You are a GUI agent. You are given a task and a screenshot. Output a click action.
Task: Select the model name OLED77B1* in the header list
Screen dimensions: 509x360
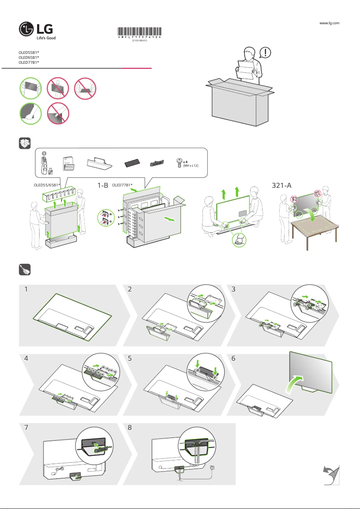click(x=29, y=63)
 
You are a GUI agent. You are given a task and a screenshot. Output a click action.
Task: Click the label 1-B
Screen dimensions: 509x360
click(x=103, y=185)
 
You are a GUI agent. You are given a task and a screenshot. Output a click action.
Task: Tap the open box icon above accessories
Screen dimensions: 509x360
click(x=24, y=143)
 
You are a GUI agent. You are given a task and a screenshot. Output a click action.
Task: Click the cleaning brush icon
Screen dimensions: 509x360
click(x=24, y=269)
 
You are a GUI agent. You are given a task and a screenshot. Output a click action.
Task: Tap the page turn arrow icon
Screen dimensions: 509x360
click(x=331, y=475)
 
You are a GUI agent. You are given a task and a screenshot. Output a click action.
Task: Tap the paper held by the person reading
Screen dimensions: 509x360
click(x=246, y=69)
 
